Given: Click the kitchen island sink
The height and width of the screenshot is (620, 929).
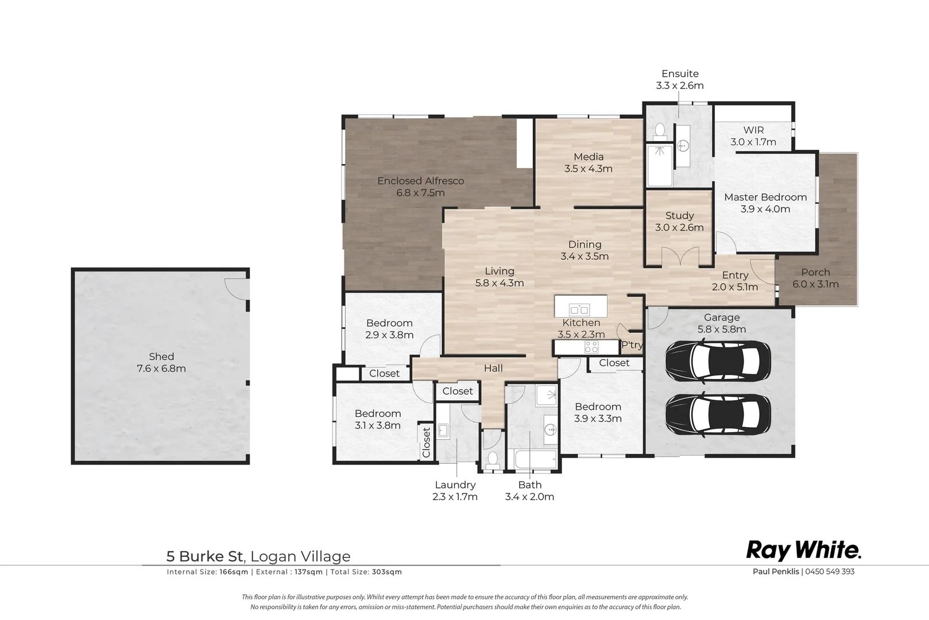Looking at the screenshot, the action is click(580, 309).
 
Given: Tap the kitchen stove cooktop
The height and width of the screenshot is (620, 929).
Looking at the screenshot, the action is click(591, 347).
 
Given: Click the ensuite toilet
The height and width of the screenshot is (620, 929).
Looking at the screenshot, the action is click(659, 131).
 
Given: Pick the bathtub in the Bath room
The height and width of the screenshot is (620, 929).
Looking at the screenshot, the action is click(536, 459).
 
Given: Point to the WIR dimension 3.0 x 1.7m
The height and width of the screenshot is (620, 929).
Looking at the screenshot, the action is click(753, 142).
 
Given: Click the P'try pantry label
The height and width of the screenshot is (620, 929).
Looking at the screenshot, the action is click(632, 345).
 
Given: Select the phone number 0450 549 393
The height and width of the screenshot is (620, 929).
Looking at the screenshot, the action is click(830, 571).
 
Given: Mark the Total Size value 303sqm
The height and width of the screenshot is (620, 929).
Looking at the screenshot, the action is click(387, 572).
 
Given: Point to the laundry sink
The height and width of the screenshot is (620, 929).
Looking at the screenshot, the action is click(443, 431).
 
